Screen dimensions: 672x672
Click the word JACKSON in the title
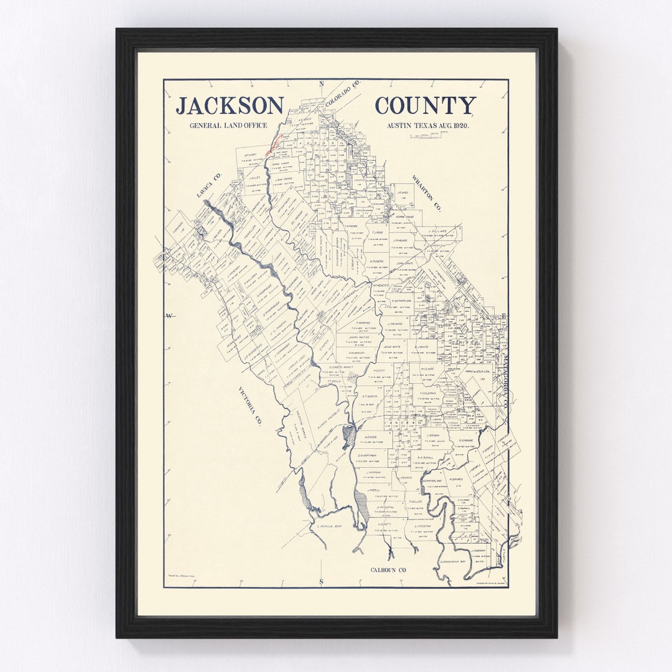coord(229,106)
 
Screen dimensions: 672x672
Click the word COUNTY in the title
coord(425,106)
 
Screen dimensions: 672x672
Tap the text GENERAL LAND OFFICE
coord(228,126)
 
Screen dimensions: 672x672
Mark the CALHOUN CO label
coord(388,570)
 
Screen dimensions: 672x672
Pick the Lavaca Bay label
coord(329,526)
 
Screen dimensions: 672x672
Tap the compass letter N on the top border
coord(322,84)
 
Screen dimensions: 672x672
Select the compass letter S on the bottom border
coord(322,582)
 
